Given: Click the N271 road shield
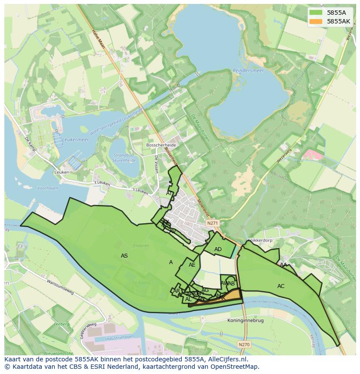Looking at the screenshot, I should (x=212, y=223).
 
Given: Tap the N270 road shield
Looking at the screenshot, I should (x=244, y=344).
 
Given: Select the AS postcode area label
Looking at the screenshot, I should (x=124, y=256).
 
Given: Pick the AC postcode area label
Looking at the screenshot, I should (x=281, y=286).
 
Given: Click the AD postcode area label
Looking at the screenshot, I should (x=218, y=249).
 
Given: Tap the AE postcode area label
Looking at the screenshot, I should (x=192, y=265).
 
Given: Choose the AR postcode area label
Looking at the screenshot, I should (x=177, y=291).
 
